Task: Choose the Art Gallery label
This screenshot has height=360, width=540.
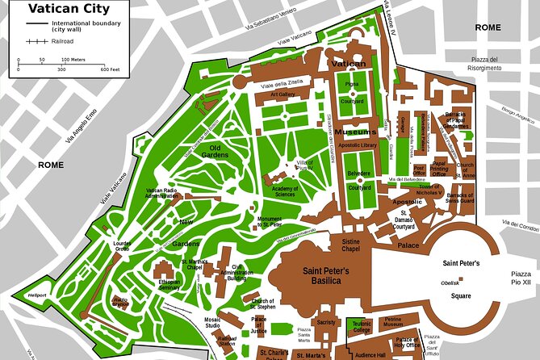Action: click(x=283, y=94)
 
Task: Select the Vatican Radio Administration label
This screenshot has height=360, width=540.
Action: click(x=163, y=192)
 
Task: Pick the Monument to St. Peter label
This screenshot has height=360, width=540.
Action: click(x=270, y=223)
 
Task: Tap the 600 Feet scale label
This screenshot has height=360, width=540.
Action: click(x=109, y=70)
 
